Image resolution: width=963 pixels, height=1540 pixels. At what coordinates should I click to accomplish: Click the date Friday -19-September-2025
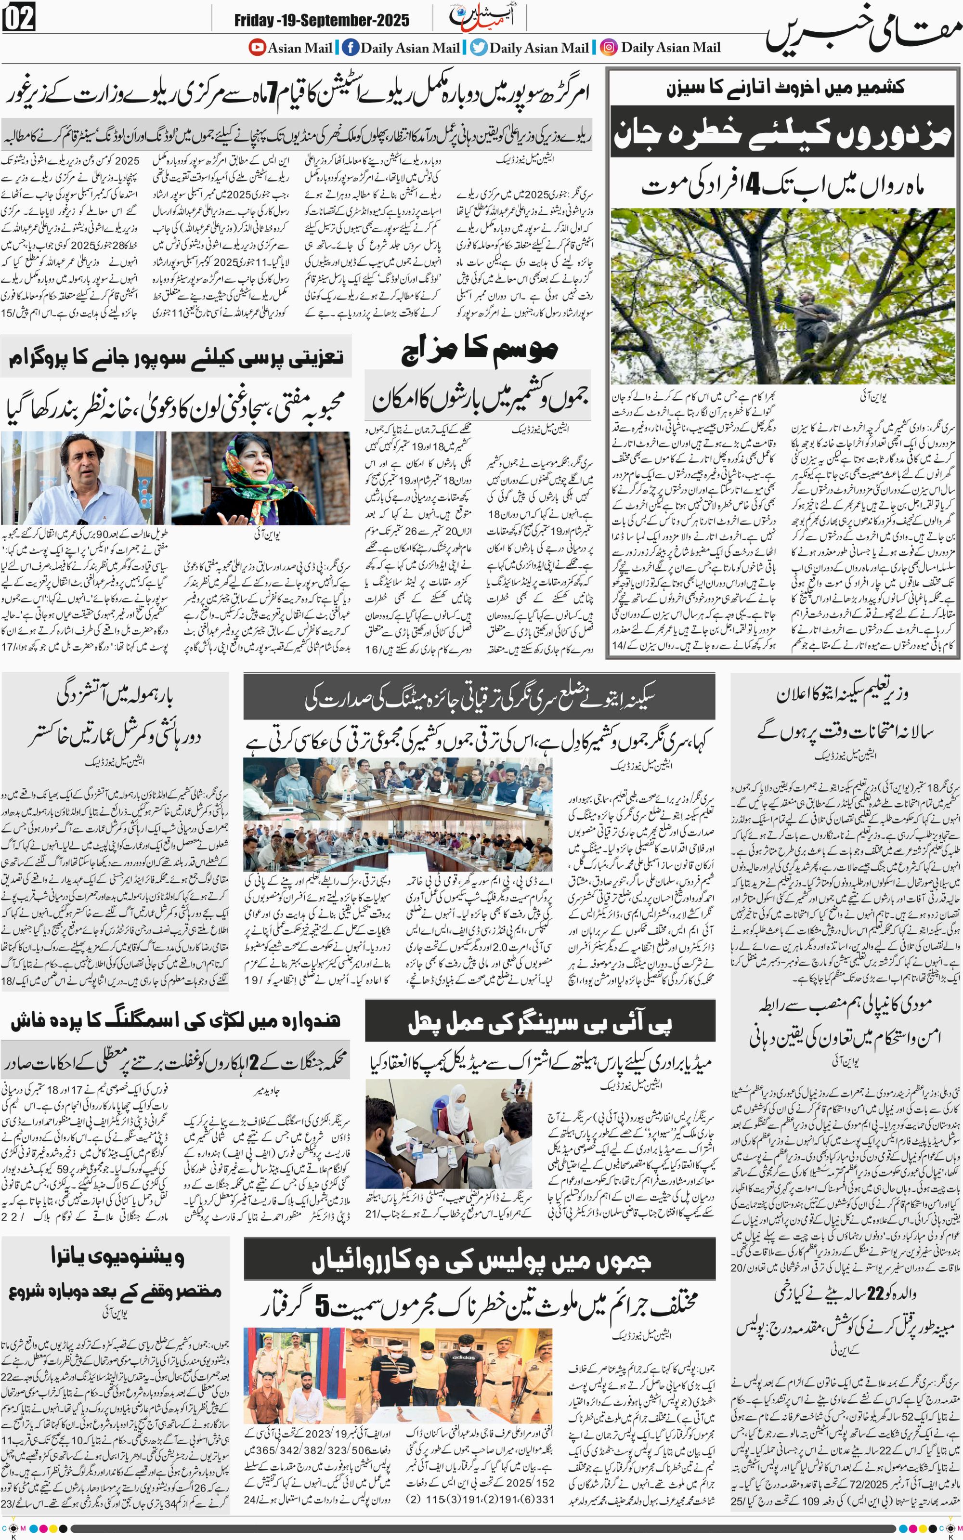pos(321,20)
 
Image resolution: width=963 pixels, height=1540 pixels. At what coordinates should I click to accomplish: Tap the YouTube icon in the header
pos(257,47)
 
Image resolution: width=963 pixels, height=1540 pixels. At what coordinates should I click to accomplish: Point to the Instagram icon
pos(609,47)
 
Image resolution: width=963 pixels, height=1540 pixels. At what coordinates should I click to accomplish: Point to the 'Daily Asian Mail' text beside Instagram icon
pos(670,47)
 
